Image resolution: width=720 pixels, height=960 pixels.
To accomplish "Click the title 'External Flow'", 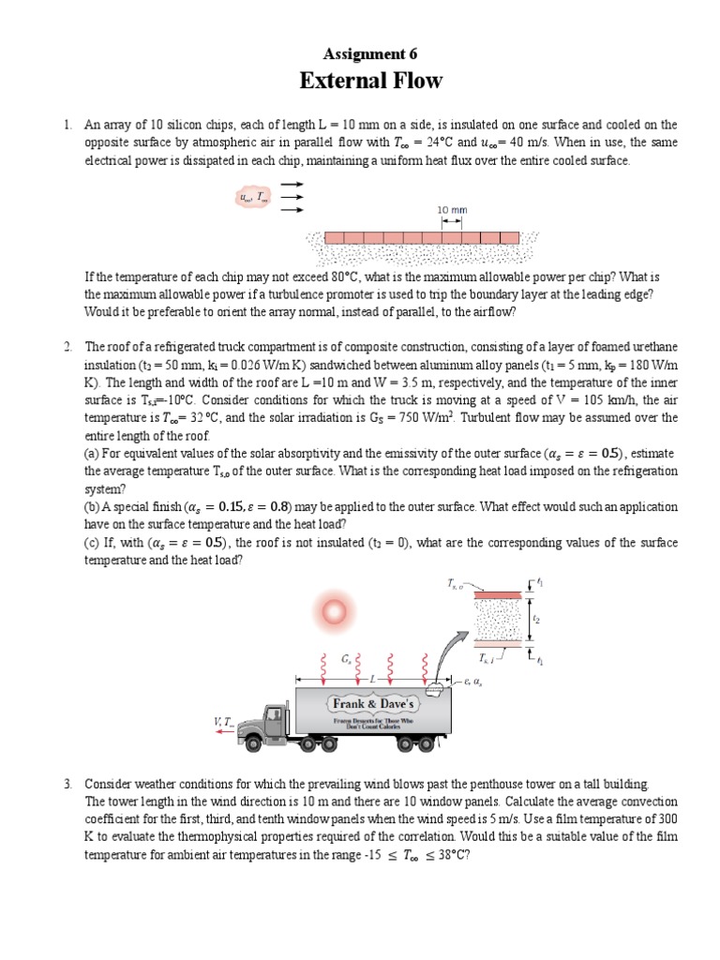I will (x=370, y=81).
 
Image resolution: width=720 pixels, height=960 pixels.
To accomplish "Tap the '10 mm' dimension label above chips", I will (x=452, y=209).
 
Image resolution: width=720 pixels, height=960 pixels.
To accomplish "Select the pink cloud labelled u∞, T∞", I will (x=251, y=198).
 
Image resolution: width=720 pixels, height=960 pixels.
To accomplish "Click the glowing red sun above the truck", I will (x=333, y=612).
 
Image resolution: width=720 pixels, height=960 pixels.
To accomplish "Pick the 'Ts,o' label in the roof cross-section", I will (x=456, y=584).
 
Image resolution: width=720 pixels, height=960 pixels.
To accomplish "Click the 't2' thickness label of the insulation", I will (x=535, y=620).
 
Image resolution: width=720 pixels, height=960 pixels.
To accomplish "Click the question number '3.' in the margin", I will (x=68, y=783).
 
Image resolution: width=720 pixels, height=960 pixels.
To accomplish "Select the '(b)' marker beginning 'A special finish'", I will (x=92, y=506).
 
